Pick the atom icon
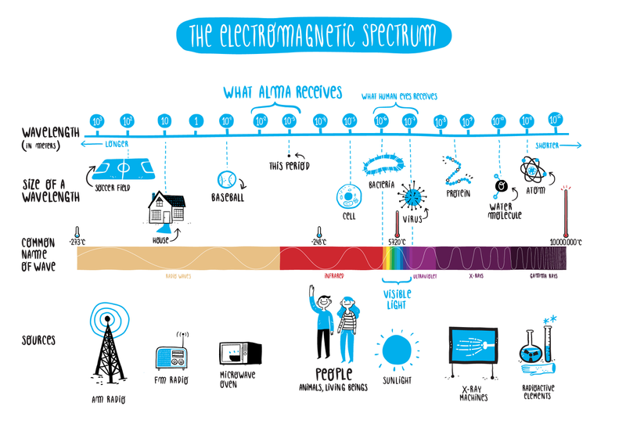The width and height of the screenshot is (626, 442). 532,167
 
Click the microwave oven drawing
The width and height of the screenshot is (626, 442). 234,355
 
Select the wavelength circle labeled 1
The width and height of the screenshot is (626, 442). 195,122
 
